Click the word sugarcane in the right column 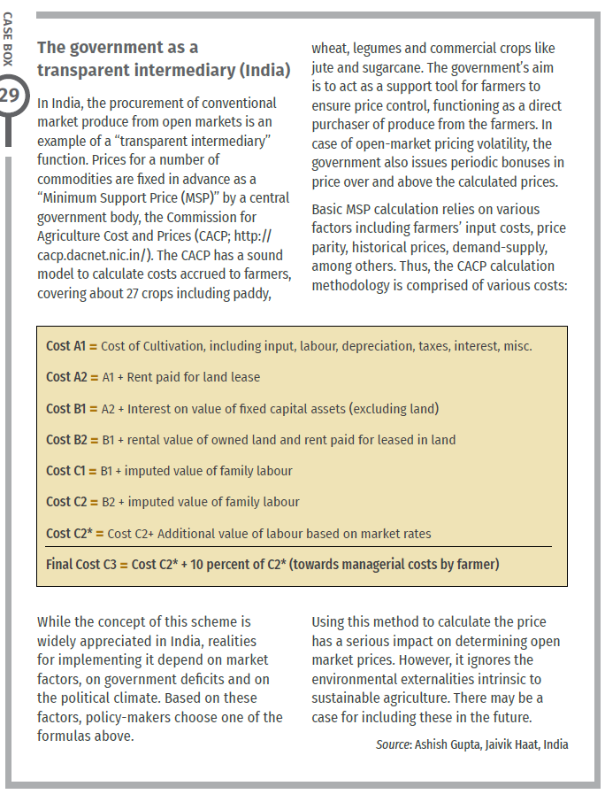pyautogui.click(x=422, y=67)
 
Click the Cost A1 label pyautogui.click(x=66, y=346)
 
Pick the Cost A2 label pyautogui.click(x=66, y=377)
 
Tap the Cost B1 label pyautogui.click(x=66, y=409)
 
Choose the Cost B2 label pyautogui.click(x=66, y=440)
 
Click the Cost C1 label pyautogui.click(x=66, y=471)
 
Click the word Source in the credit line pyautogui.click(x=393, y=744)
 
